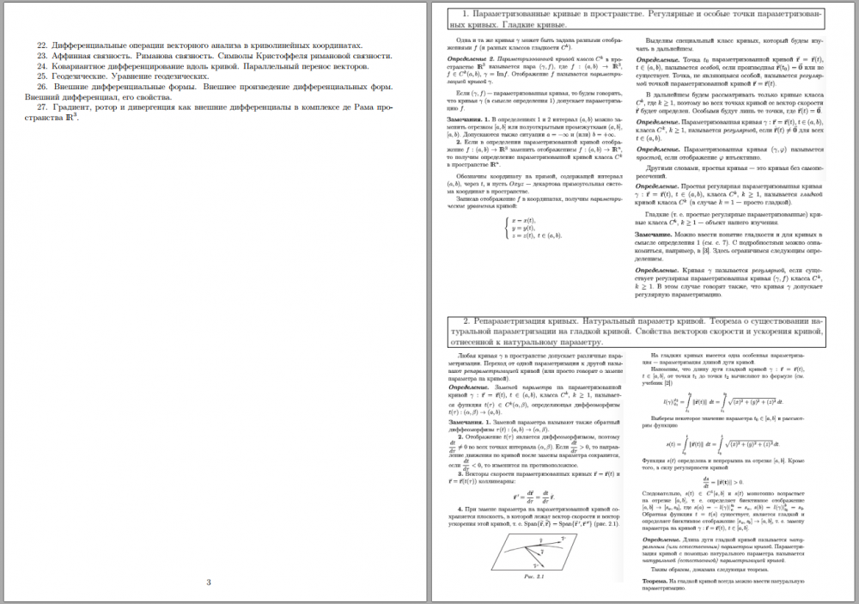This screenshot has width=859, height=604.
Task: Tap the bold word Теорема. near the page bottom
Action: pos(655,581)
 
